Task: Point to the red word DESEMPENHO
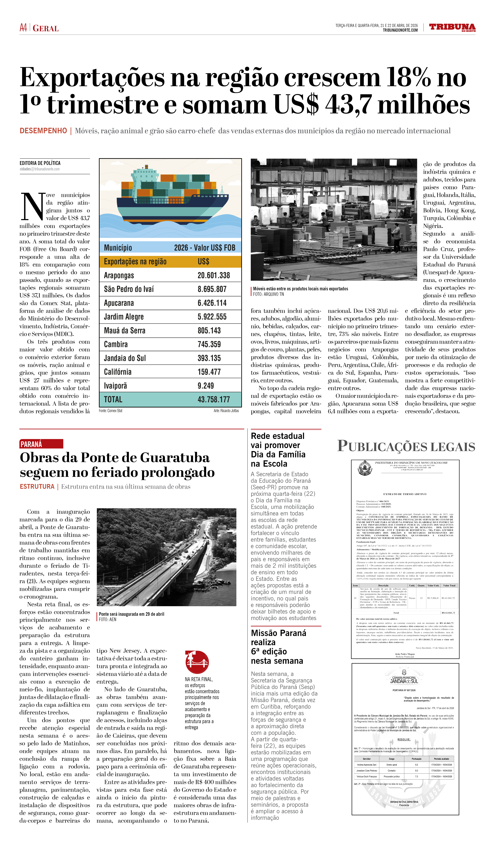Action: click(43, 131)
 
